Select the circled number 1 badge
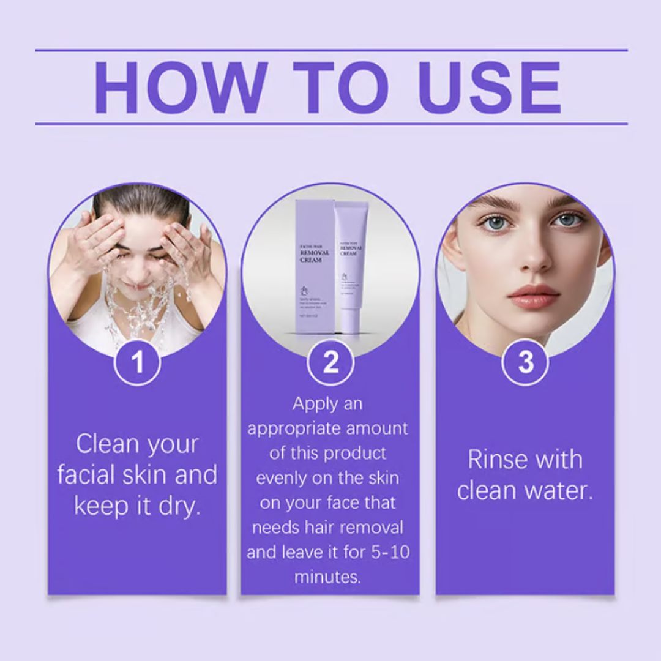tap(137, 362)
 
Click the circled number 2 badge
tap(330, 362)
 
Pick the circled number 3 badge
tap(525, 362)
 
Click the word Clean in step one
tap(106, 444)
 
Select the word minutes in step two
tap(327, 577)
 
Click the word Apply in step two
tap(314, 404)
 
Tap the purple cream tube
tap(351, 263)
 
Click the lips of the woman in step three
tap(534, 296)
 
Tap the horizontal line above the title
tap(330, 50)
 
